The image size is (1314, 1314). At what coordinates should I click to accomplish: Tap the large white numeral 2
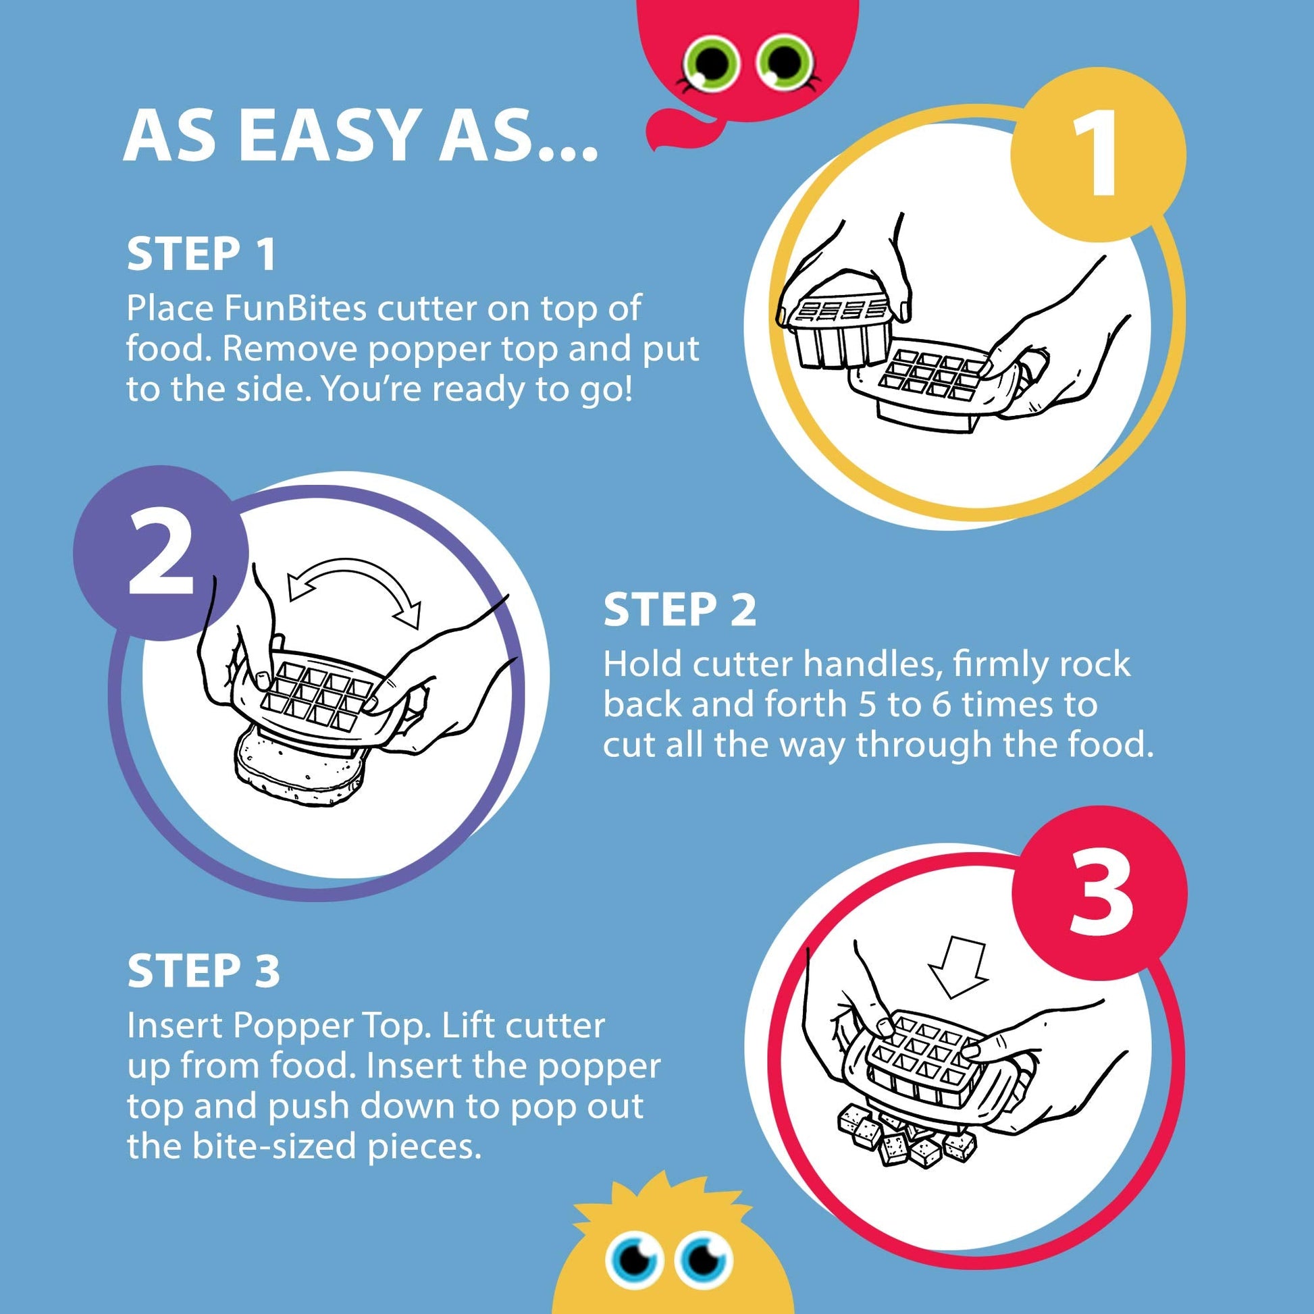point(161,553)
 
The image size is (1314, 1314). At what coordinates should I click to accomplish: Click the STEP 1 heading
point(201,254)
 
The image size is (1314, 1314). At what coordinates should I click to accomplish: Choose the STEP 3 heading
point(203,970)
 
